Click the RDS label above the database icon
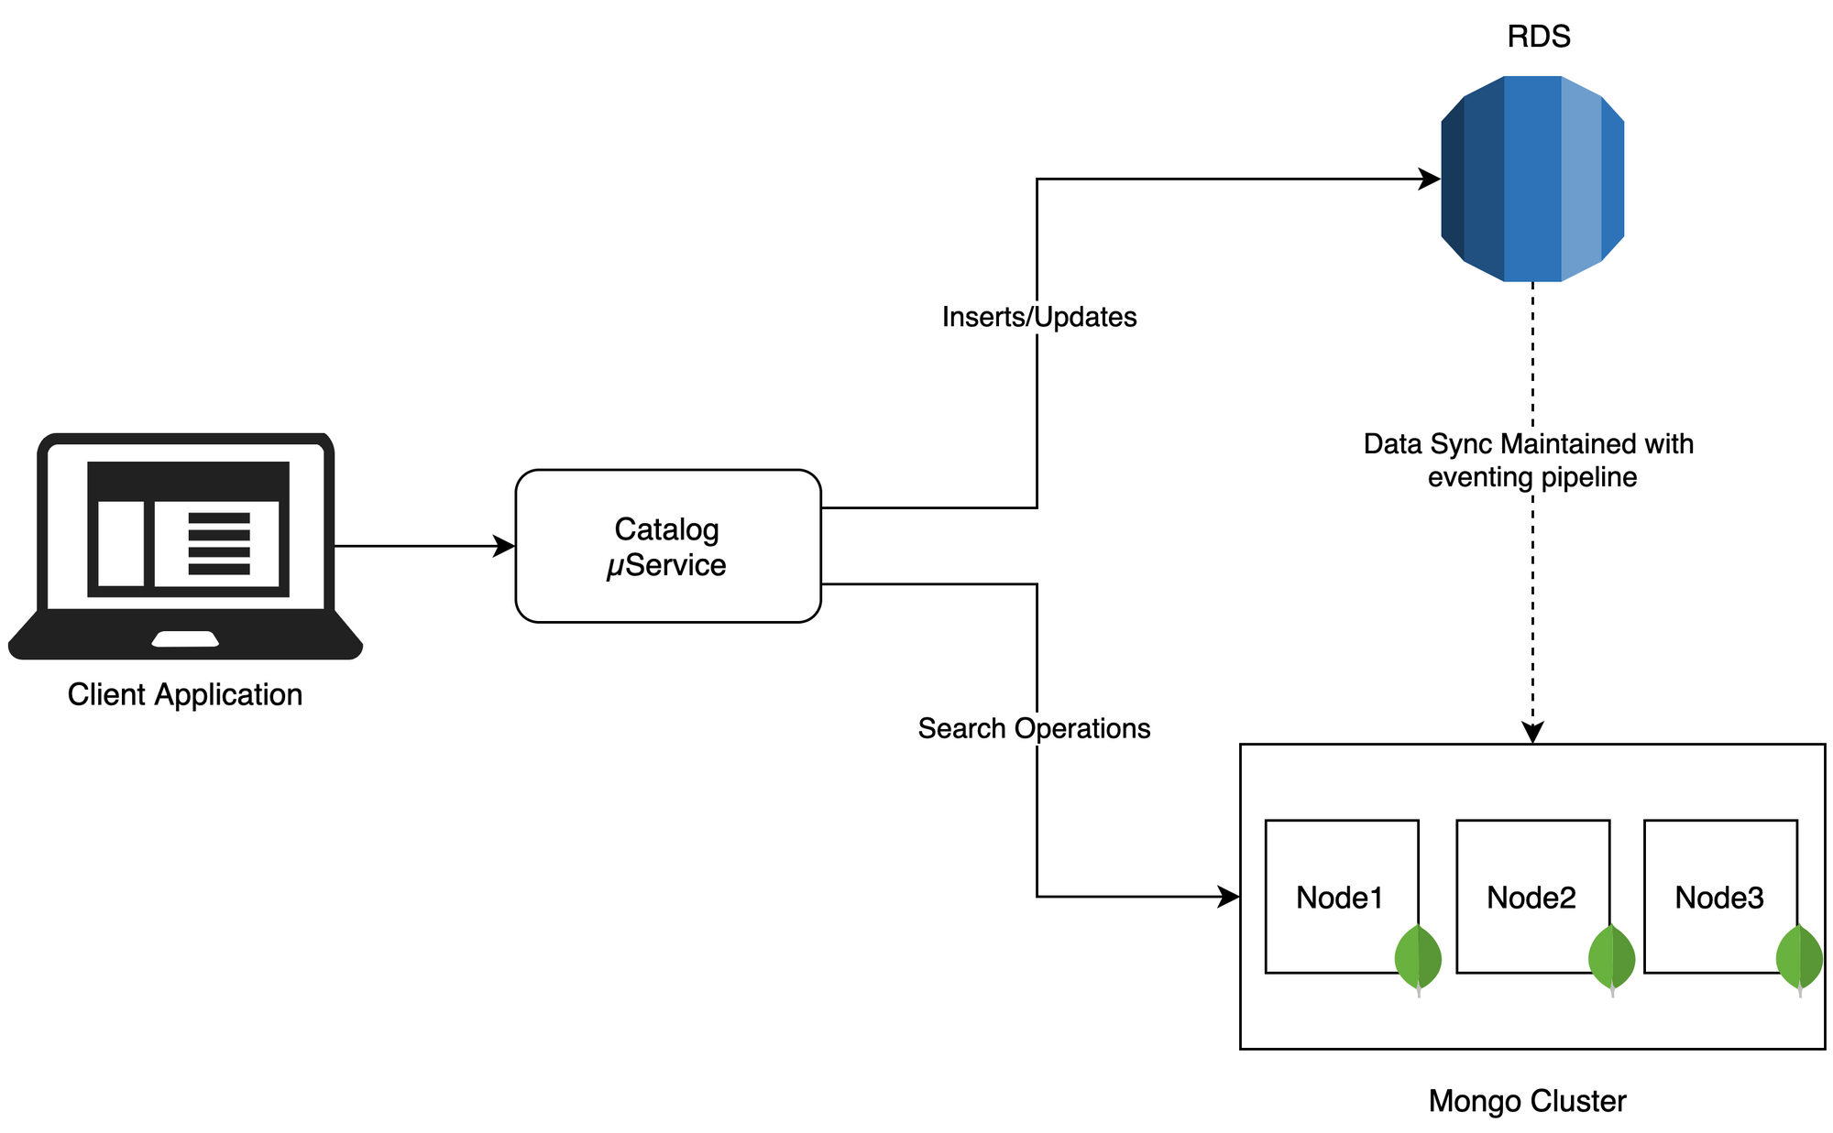1539,37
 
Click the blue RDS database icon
1532,179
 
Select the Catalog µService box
668,546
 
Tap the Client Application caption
185,694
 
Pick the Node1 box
1342,896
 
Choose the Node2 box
1533,896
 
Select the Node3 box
1720,896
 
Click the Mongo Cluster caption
1527,1101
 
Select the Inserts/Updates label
1039,317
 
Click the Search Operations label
1034,728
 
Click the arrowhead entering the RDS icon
1430,180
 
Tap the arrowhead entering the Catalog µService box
504,546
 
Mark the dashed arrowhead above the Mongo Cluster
1532,732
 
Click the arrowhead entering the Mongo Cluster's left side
1228,897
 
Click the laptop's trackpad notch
185,639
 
